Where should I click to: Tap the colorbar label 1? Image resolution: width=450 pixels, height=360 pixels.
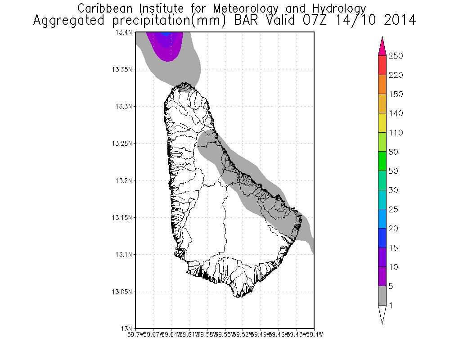(391, 306)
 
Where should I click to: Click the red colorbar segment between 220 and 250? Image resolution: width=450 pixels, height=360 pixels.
(382, 65)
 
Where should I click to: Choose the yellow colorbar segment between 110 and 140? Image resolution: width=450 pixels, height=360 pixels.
(382, 123)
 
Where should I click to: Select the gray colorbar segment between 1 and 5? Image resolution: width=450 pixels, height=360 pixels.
(382, 296)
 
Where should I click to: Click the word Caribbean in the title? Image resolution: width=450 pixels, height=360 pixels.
(103, 9)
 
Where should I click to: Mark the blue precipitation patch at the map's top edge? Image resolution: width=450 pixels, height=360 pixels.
(166, 34)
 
